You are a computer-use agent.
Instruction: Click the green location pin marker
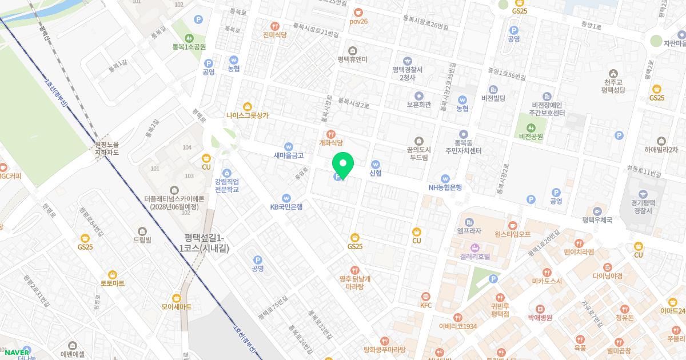343,164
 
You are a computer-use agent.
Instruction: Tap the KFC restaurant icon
426,296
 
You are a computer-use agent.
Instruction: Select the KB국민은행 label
286,207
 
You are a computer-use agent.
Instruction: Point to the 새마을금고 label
289,155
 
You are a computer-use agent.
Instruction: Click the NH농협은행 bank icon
445,178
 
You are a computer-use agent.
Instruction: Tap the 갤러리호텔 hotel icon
474,247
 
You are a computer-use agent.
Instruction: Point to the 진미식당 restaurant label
275,34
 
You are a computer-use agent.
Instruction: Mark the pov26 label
358,21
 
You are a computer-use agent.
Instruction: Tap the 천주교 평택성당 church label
613,86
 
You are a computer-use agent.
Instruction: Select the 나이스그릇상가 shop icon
247,106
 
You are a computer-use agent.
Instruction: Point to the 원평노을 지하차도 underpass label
107,149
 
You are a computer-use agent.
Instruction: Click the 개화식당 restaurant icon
330,134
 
